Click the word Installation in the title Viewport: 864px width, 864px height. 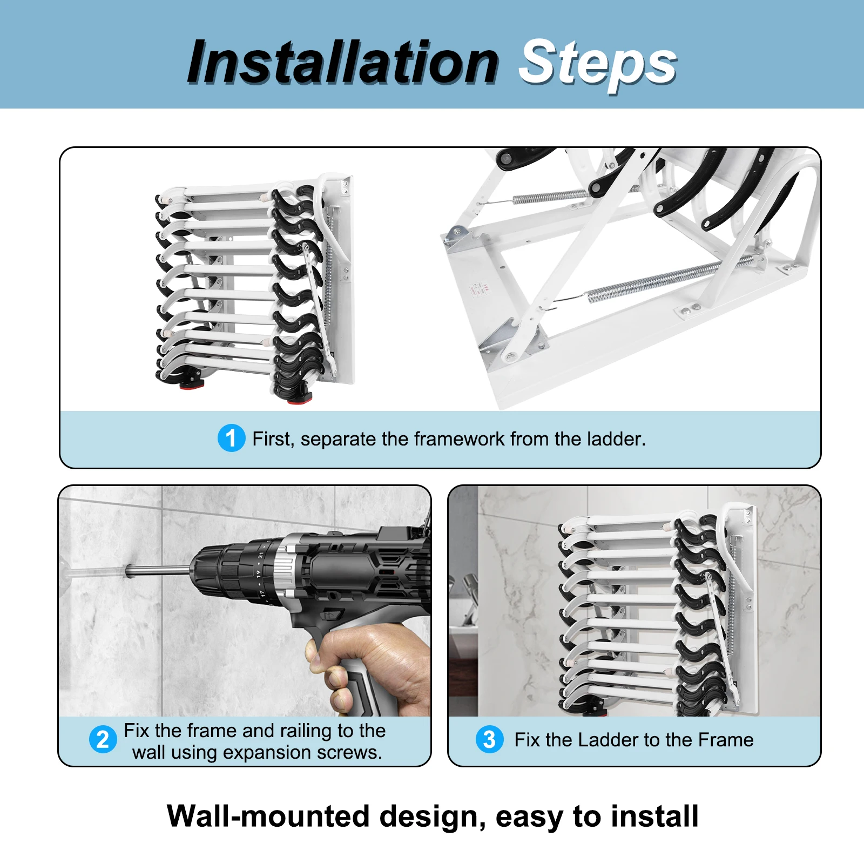(343, 63)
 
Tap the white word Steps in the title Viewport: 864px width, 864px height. (597, 63)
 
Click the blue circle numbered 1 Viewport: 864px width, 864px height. (231, 438)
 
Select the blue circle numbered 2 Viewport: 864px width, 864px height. (103, 739)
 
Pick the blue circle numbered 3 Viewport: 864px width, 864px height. (489, 739)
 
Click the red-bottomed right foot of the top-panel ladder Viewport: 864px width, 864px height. (299, 399)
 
